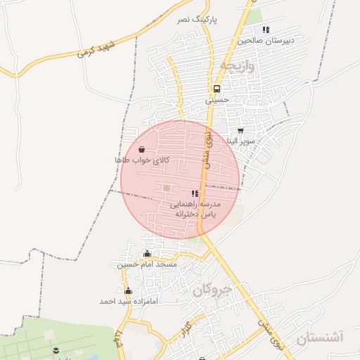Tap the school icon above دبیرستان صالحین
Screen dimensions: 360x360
coord(266,30)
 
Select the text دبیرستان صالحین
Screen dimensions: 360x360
coord(264,41)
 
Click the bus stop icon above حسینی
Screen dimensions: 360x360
coord(217,89)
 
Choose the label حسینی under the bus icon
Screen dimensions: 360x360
coord(217,101)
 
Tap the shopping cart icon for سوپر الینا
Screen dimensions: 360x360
coord(240,130)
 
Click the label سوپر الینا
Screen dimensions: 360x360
coord(240,141)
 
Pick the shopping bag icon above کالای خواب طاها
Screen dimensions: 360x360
coord(143,149)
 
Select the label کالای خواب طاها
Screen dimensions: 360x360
coord(143,160)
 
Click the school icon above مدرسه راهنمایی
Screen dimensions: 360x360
coord(195,193)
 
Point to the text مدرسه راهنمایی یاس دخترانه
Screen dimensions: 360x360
coord(195,208)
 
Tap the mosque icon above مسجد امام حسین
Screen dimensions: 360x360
coord(147,254)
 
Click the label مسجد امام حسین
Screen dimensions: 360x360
coord(147,265)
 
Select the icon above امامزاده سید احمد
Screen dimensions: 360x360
coord(127,290)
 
